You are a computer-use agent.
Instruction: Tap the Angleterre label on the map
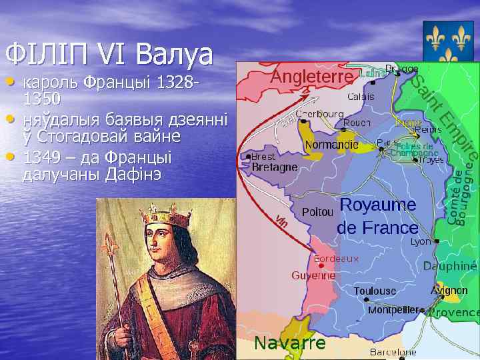coord(311,78)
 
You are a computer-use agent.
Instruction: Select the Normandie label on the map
coord(331,145)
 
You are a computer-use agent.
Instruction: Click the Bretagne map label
coord(274,167)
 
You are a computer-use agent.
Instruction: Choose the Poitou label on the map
coord(317,212)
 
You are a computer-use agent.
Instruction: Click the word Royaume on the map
coord(378,205)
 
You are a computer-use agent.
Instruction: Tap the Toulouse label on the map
coord(375,291)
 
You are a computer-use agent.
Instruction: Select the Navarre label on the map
coord(291,343)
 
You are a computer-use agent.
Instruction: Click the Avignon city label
coord(449,291)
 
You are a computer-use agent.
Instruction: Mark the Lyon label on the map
coord(421,241)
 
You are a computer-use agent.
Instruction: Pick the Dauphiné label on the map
coord(450,266)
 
